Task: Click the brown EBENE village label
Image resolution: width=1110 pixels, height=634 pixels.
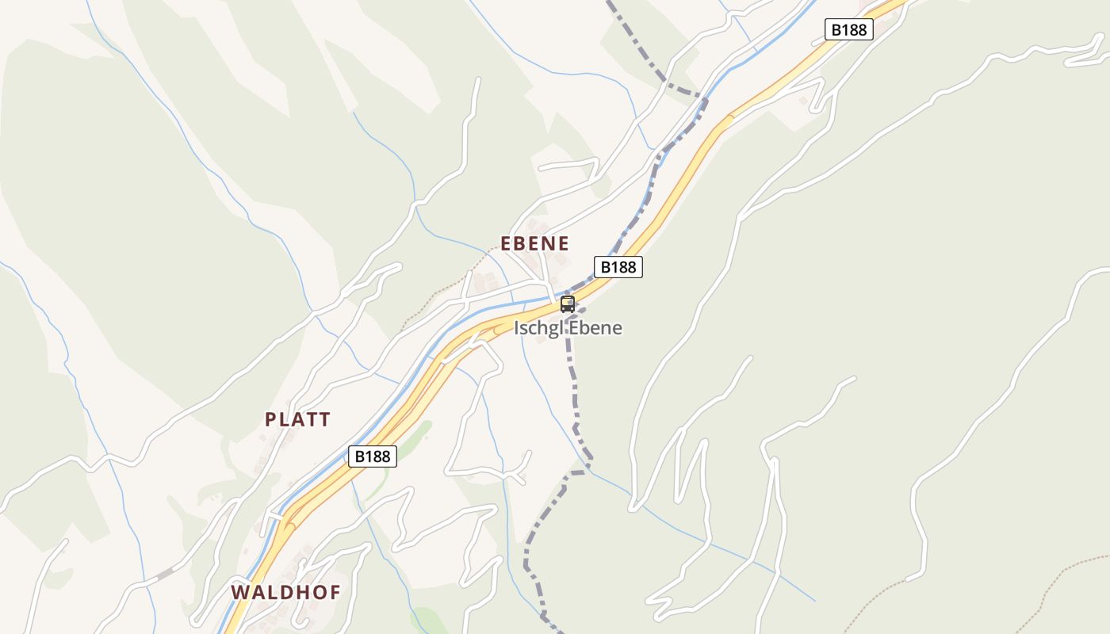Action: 534,243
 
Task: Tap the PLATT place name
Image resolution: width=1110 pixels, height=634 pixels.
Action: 297,420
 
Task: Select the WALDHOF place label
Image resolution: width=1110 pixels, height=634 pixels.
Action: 285,592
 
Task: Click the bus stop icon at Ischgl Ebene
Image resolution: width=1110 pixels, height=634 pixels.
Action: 568,304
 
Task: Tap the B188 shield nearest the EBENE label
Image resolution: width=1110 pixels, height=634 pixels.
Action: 618,267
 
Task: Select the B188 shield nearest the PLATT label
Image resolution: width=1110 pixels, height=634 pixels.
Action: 372,456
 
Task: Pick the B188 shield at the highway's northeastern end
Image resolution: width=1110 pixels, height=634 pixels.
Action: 848,30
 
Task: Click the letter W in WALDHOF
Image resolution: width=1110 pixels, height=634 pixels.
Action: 239,592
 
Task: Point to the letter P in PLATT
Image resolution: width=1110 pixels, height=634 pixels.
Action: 270,420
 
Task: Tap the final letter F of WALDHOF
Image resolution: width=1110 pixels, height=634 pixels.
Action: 335,592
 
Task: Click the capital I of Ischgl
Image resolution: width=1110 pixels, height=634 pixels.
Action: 517,328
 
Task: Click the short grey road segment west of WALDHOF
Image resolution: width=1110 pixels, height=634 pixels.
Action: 165,573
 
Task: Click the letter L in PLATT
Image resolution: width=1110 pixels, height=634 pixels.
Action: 285,420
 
